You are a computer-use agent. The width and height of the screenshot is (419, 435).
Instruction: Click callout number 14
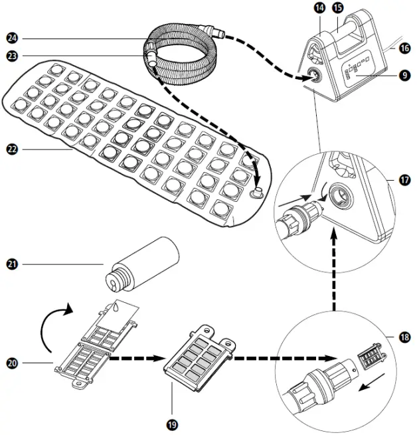319,9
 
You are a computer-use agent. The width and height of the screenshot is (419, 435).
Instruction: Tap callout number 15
338,9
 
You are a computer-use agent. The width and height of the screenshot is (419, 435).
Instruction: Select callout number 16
404,48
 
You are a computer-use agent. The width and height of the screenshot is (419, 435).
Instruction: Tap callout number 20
11,363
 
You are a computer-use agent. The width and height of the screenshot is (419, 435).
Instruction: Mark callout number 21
11,264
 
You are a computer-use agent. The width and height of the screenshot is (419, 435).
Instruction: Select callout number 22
11,150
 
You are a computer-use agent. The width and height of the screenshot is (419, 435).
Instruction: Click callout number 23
11,56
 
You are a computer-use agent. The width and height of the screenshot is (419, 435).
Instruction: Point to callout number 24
11,37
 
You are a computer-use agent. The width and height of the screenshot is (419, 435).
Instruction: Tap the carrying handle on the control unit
344,31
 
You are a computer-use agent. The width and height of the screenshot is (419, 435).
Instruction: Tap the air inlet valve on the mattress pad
255,193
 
